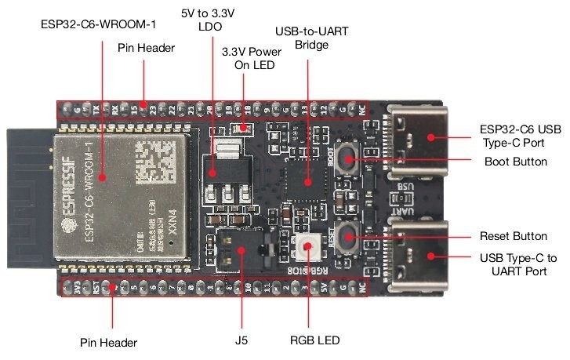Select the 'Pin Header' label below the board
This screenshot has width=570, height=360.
coord(110,343)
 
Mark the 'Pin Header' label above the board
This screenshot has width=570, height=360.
coord(146,48)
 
